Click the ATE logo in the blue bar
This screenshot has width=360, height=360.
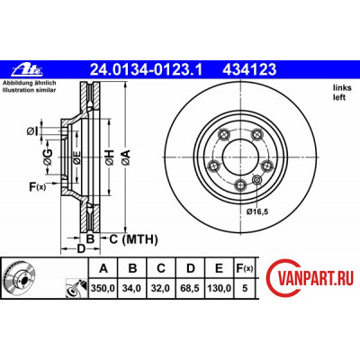pyautogui.click(x=28, y=70)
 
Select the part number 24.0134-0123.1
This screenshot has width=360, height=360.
pyautogui.click(x=146, y=70)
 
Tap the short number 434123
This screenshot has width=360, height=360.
pyautogui.click(x=249, y=70)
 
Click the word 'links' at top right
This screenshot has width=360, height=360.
pyautogui.click(x=342, y=88)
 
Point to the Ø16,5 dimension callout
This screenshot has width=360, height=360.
pyautogui.click(x=256, y=211)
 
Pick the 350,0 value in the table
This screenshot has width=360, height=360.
pyautogui.click(x=103, y=288)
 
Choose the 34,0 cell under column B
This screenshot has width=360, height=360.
pyautogui.click(x=131, y=288)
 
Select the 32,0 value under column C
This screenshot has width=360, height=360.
pyautogui.click(x=161, y=288)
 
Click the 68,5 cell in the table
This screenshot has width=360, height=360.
pyautogui.click(x=190, y=288)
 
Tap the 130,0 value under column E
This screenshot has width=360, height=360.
pyautogui.click(x=219, y=288)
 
